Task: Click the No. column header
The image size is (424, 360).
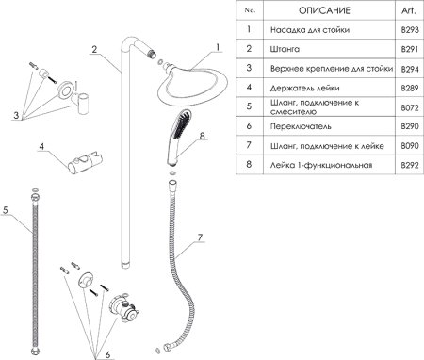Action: pyautogui.click(x=249, y=11)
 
